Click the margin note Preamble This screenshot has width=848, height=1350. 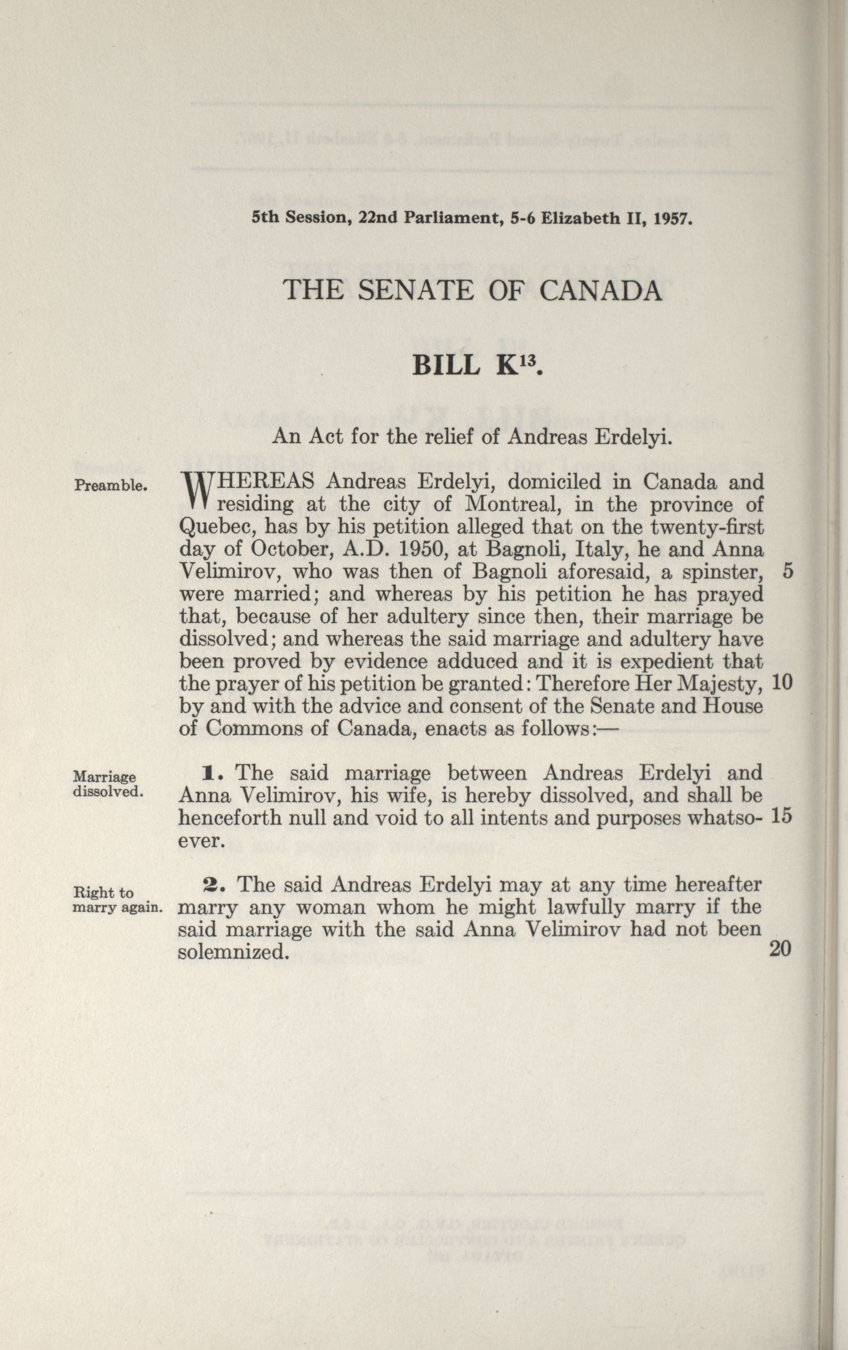[x=111, y=486]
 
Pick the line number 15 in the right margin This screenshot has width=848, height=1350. [x=782, y=816]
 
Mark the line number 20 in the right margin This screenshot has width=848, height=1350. [x=780, y=949]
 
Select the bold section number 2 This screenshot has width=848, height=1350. [x=214, y=885]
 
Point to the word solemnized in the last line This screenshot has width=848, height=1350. [x=234, y=952]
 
